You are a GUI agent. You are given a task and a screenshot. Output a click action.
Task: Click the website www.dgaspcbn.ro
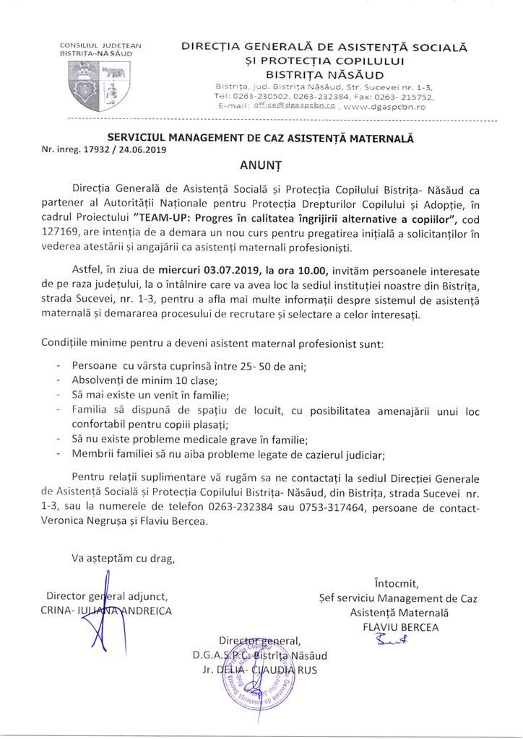click(386, 106)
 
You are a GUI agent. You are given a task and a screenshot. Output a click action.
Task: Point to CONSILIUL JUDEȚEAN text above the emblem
click(100, 46)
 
